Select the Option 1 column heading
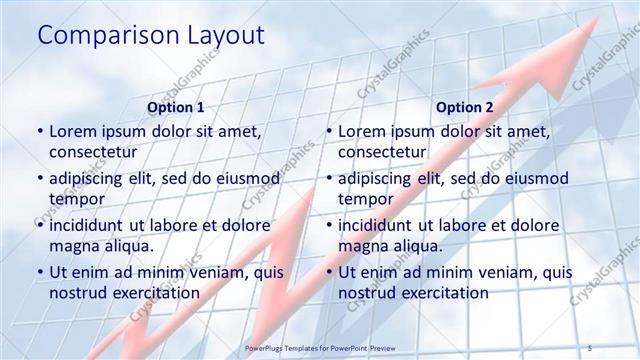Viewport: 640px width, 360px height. (x=175, y=107)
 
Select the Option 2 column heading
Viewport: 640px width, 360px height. (x=464, y=107)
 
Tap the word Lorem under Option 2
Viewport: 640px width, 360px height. (x=362, y=131)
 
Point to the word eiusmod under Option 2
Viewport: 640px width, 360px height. (x=530, y=178)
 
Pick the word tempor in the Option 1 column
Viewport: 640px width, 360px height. (x=74, y=199)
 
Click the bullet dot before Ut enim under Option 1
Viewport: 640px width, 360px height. (x=39, y=272)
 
